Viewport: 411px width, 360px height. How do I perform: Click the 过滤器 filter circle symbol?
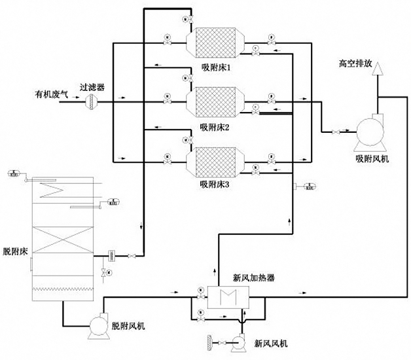pos(91,99)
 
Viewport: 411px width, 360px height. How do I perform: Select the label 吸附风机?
pos(371,158)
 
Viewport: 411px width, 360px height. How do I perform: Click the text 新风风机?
pos(270,343)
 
